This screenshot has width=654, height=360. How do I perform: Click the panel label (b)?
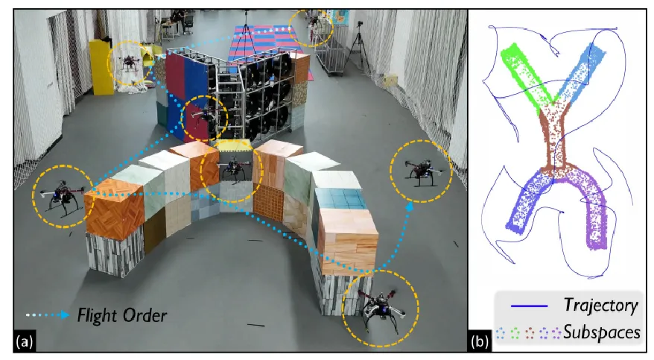481,342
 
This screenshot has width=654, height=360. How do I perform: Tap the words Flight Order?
122,315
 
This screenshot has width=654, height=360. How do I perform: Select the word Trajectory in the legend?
600,305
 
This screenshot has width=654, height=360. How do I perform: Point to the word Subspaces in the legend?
602,332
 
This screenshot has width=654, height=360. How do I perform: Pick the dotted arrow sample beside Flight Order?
49,316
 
